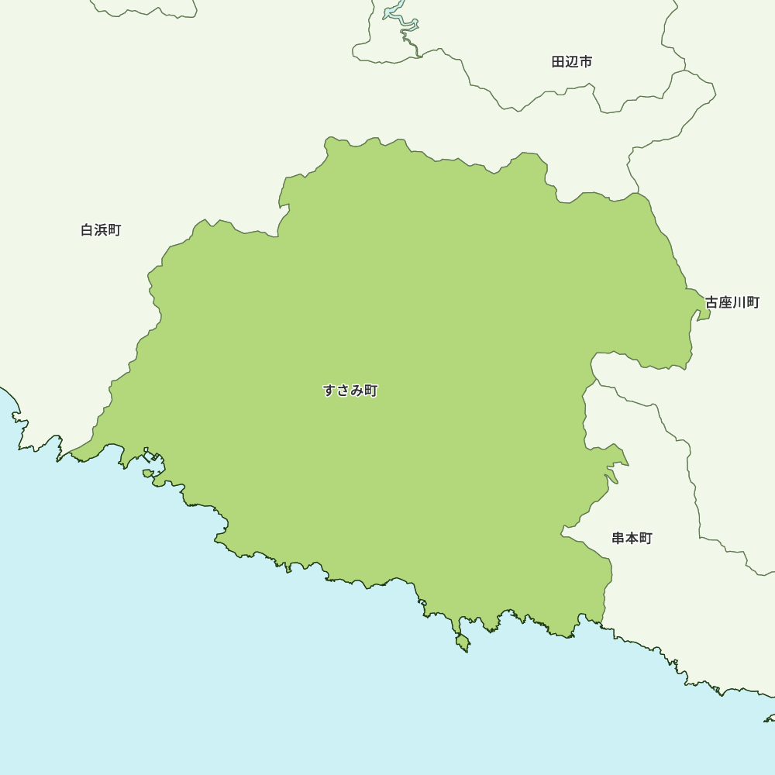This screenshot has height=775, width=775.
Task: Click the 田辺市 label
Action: point(572,62)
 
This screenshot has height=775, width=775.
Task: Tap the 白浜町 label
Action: point(101,230)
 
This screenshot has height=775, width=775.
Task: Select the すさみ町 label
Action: point(350,391)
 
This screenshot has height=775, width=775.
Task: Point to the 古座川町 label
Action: point(732,302)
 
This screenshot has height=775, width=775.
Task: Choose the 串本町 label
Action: point(632,538)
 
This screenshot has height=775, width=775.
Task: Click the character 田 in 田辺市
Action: point(559,62)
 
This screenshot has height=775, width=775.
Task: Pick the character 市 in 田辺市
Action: point(586,62)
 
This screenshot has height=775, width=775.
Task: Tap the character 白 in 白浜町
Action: point(88,230)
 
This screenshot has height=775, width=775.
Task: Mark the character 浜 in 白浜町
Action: point(101,230)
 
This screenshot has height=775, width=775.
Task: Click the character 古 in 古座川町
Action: point(712,302)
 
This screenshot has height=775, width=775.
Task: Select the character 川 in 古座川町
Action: point(739,302)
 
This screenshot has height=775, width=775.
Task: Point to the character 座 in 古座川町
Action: point(725,302)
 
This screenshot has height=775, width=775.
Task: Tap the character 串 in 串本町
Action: point(618,538)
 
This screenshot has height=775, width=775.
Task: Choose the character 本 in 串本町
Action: point(632,538)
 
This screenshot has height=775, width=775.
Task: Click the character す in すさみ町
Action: point(330,391)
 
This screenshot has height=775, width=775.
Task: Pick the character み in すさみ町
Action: point(357,391)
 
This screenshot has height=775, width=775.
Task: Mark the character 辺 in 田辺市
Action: point(572,62)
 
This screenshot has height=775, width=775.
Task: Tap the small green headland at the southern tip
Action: point(463,642)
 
